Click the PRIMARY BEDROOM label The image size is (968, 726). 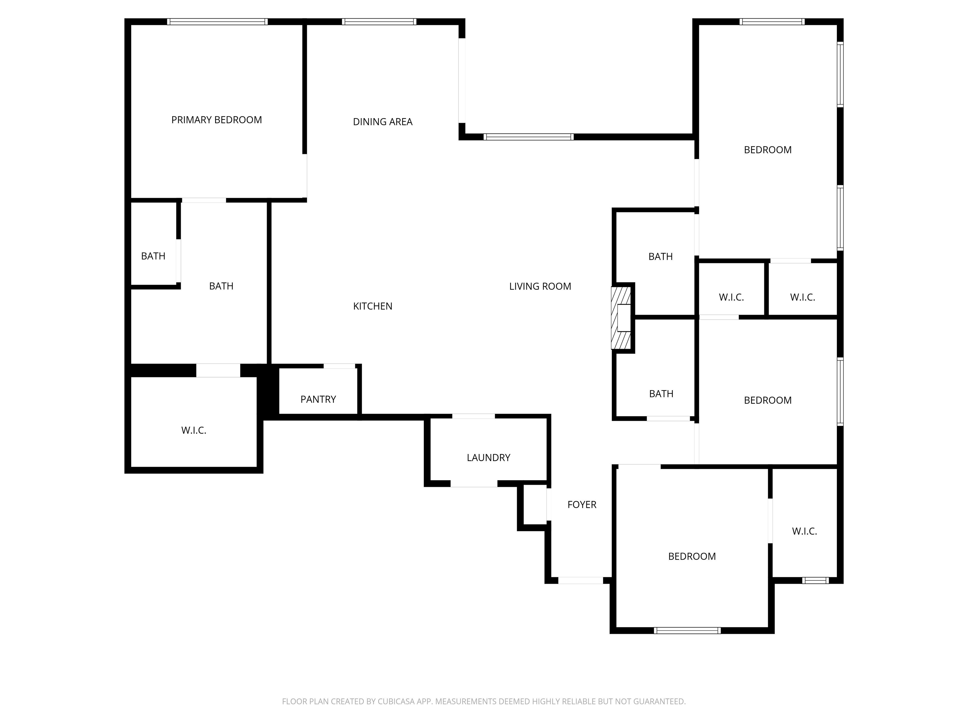coord(216,120)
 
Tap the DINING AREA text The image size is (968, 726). coord(383,122)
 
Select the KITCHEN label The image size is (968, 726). coord(372,306)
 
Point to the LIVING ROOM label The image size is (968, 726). coord(540,286)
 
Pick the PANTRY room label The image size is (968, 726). coord(318,399)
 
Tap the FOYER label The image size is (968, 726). coord(582,504)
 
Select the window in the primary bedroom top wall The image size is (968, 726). coord(217,21)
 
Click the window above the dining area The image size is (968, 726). coord(379,21)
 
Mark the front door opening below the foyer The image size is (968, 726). coord(580,580)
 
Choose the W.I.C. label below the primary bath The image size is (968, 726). coord(193,430)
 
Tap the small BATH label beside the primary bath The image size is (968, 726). coord(153,256)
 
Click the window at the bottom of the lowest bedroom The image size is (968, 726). coord(687,631)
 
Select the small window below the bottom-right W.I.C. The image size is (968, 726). coord(815,580)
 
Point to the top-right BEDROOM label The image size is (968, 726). coord(768,150)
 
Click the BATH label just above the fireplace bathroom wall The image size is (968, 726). coord(660,256)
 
